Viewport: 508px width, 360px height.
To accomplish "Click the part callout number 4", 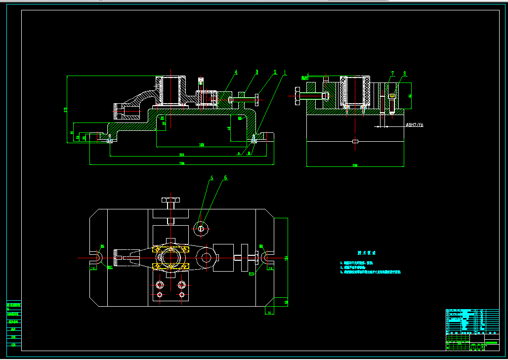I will point(236,72).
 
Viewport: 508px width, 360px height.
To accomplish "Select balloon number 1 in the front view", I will point(285,72).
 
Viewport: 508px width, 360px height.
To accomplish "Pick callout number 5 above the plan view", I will point(212,178).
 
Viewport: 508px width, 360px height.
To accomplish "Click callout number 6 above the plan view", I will point(226,178).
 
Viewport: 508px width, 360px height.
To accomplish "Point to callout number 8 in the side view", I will point(404,74).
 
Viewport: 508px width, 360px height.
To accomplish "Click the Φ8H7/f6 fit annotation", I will point(414,125).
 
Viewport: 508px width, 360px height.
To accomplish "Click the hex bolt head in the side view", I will point(297,96).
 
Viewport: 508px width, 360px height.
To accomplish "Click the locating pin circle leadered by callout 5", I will point(201,228).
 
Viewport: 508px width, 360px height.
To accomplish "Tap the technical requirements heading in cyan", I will point(366,253).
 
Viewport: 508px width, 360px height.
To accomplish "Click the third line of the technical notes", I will point(370,272).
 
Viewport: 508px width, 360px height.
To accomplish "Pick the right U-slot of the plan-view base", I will point(267,257).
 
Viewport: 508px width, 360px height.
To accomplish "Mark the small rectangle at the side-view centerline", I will point(355,142).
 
